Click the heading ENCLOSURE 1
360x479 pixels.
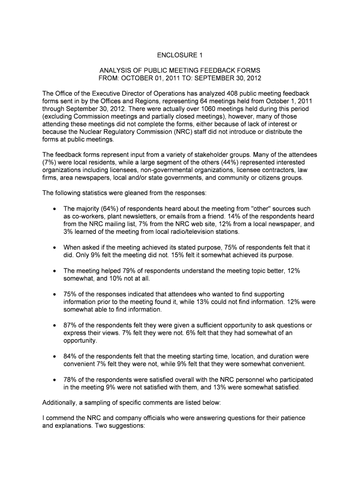pyautogui.click(x=180, y=55)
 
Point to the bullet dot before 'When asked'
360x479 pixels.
pyautogui.click(x=55, y=247)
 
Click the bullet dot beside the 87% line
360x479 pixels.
pyautogui.click(x=55, y=325)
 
